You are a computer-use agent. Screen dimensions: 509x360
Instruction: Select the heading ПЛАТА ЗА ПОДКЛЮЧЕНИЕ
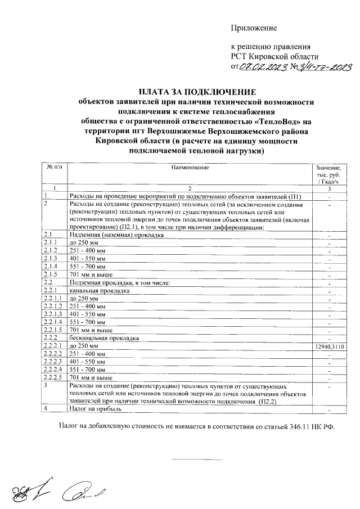[x=197, y=92]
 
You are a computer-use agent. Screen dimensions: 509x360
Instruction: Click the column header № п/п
[x=53, y=167]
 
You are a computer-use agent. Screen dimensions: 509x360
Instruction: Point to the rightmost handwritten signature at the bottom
[x=81, y=493]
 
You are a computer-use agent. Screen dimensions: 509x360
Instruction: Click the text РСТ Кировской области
[x=274, y=56]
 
